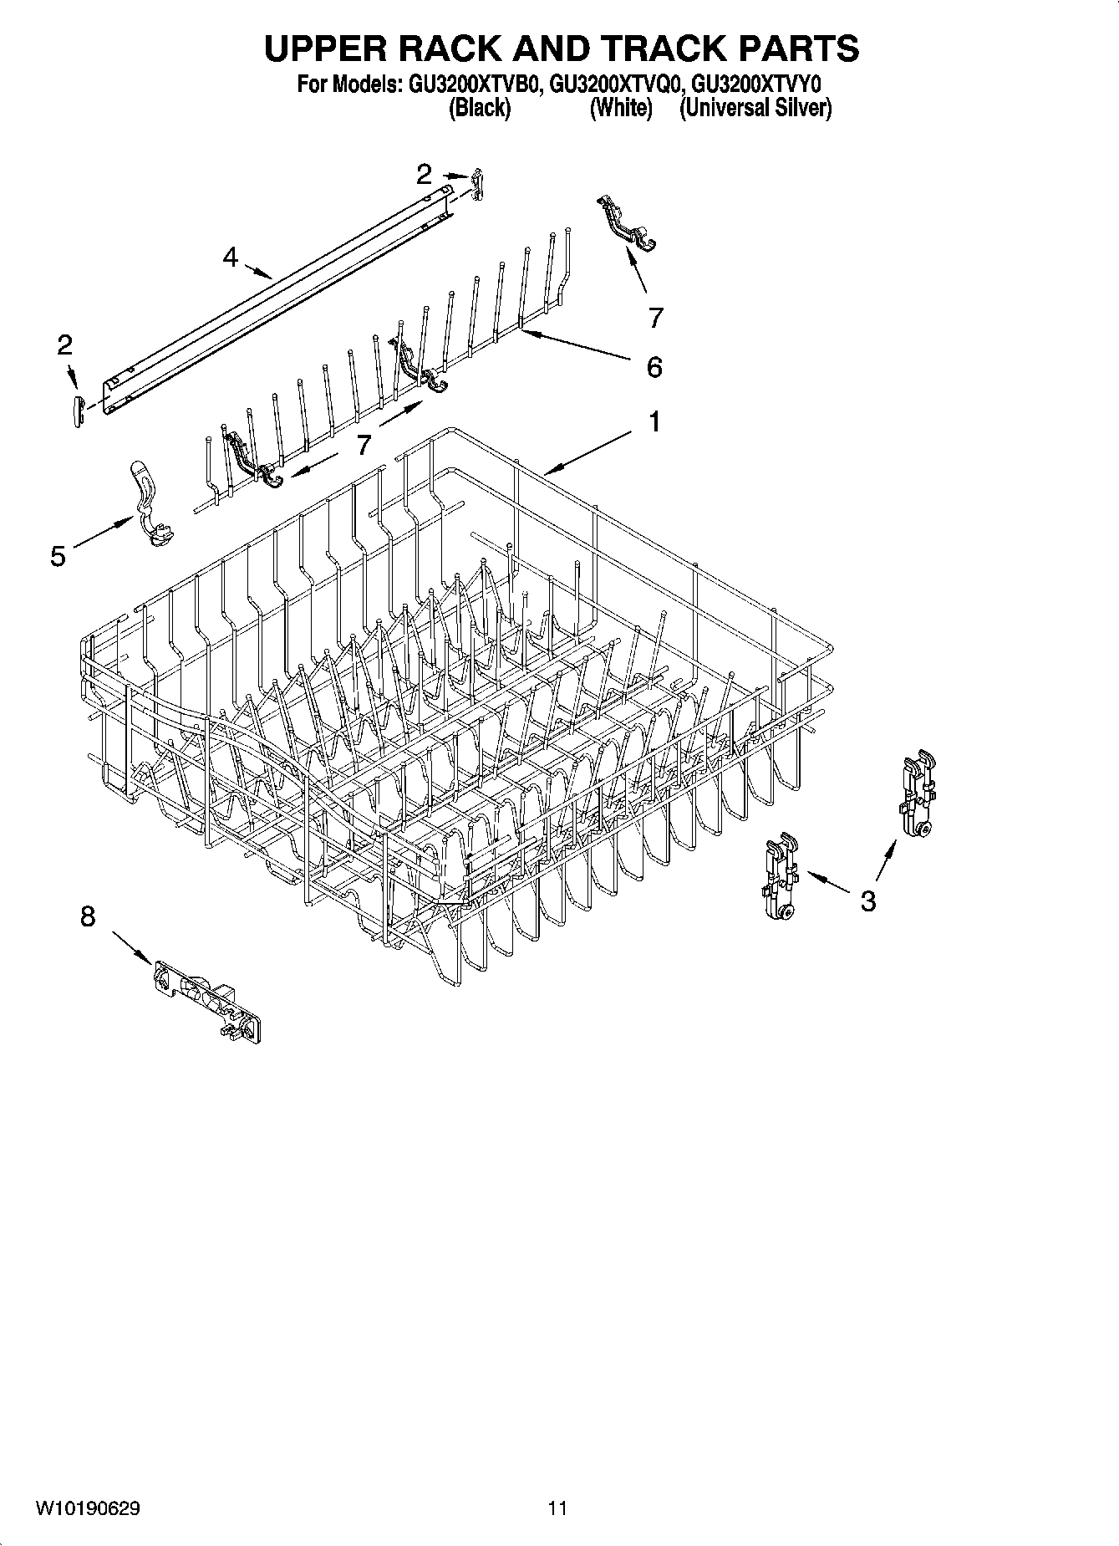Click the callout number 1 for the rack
654,422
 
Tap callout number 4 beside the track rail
231,257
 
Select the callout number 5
58,555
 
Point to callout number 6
654,366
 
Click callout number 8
88,917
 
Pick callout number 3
868,901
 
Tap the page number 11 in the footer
557,1508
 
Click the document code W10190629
88,1508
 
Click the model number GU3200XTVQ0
618,85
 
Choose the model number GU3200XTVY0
757,85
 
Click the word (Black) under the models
480,108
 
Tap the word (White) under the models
620,108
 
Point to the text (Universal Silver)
755,108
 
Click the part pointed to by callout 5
150,506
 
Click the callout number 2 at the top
425,174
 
